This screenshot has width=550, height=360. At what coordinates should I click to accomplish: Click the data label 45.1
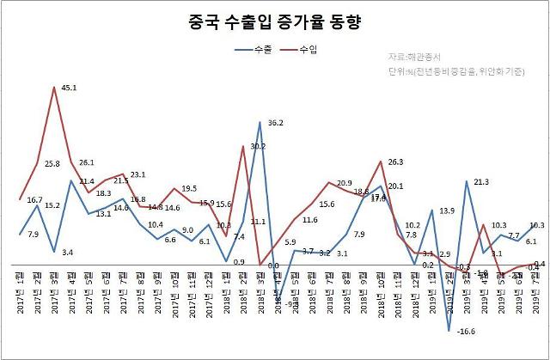[x=71, y=88]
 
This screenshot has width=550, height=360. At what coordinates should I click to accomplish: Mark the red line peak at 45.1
[x=55, y=88]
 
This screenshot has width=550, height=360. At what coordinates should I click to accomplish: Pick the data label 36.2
[x=276, y=122]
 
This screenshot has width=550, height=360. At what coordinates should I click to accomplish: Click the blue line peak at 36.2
[x=260, y=122]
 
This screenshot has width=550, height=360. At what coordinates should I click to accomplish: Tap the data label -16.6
[x=465, y=331]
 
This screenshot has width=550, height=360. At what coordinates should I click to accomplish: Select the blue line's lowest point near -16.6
[x=449, y=330]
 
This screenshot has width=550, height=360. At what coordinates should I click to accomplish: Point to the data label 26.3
[x=396, y=162]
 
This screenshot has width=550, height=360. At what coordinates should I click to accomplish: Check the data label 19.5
[x=190, y=188]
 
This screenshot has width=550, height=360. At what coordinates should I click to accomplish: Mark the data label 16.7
[x=35, y=199]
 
